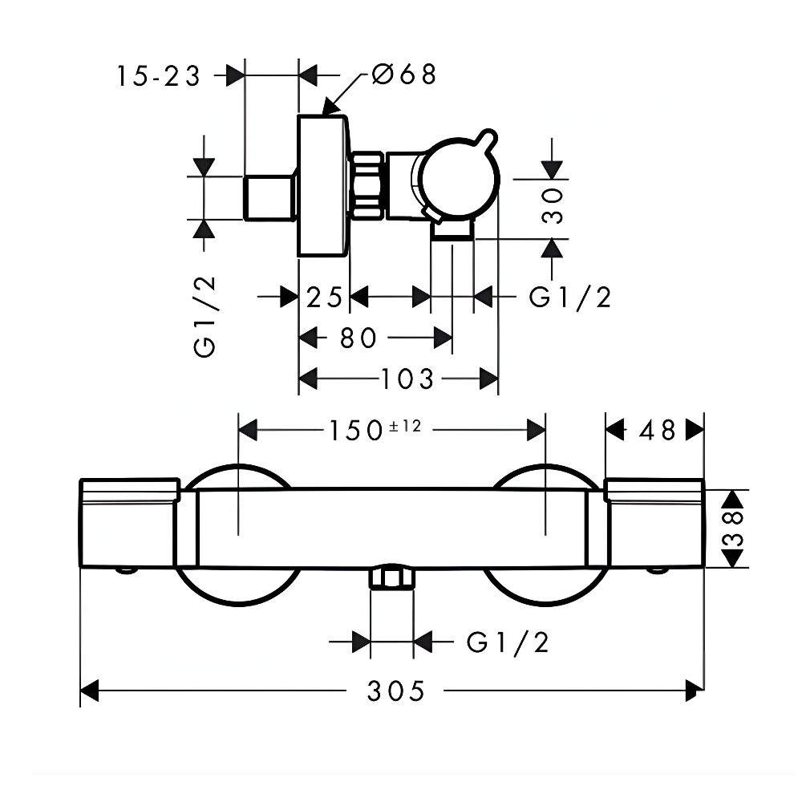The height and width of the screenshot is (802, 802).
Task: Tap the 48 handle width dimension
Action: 657,430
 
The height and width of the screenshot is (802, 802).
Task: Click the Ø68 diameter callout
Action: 404,75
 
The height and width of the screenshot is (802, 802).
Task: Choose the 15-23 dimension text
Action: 157,76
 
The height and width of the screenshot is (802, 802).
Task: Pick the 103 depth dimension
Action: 407,379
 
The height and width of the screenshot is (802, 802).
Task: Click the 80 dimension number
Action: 358,338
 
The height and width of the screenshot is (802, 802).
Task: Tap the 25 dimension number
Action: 324,298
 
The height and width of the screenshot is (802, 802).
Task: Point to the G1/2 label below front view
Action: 508,642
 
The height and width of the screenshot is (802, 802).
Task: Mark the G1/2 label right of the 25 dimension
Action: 570,298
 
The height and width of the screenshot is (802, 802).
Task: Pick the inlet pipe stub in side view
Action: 268,196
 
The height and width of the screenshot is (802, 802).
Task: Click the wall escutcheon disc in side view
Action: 322,186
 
